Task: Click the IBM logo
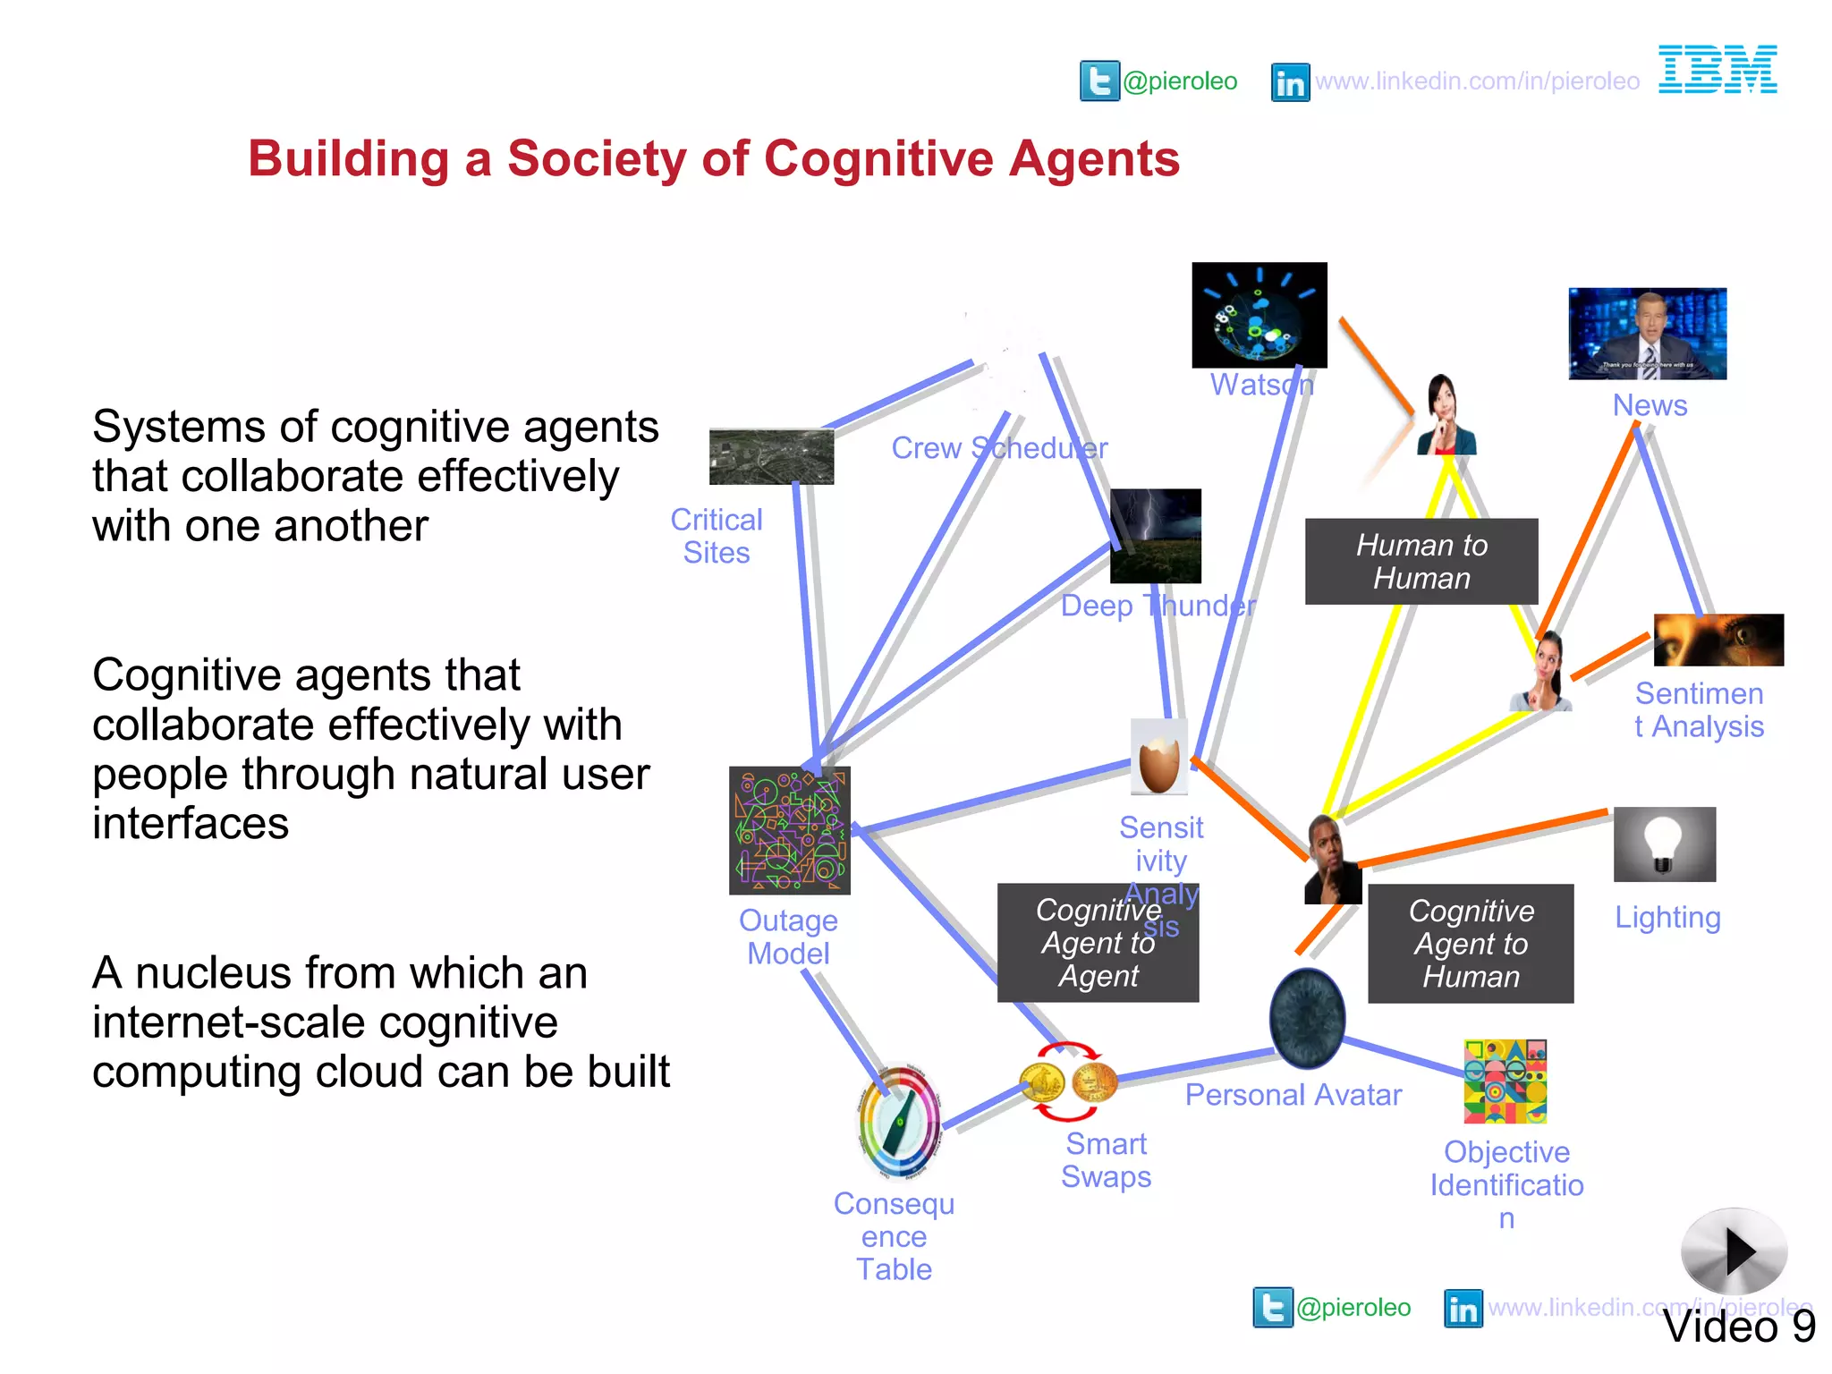[x=1717, y=70]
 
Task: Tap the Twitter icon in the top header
[x=1099, y=81]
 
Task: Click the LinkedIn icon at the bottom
[x=1463, y=1309]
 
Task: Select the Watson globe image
[x=1259, y=315]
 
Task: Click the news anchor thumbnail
[x=1647, y=334]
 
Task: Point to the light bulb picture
[x=1664, y=844]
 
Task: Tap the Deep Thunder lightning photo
[x=1155, y=536]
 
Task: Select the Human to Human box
[x=1421, y=562]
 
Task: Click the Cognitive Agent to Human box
[x=1470, y=944]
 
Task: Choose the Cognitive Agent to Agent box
[x=1098, y=943]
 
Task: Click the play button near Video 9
[x=1734, y=1251]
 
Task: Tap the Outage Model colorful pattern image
[x=789, y=830]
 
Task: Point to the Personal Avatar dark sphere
[x=1307, y=1018]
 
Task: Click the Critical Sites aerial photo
[x=771, y=456]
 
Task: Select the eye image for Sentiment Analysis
[x=1717, y=640]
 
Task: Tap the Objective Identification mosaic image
[x=1505, y=1081]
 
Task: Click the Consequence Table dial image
[x=899, y=1122]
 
